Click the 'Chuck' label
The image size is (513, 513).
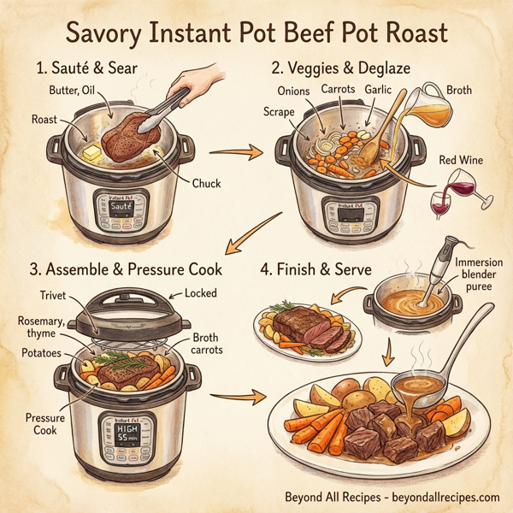[205, 182]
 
